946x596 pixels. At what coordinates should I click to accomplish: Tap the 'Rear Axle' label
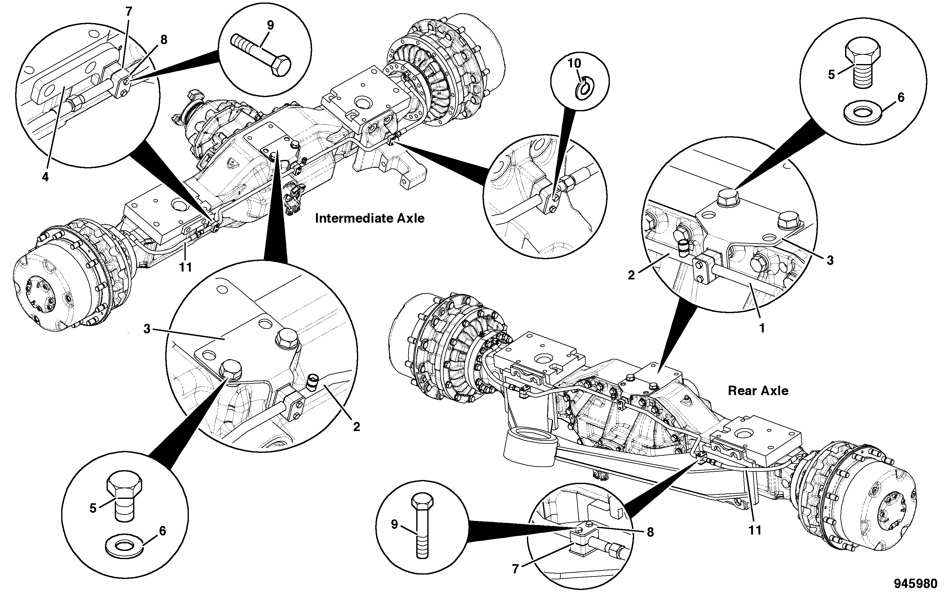758,390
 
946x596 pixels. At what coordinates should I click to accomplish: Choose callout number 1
762,328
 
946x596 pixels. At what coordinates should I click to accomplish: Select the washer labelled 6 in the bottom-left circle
125,546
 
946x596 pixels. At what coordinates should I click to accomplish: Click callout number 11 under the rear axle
755,530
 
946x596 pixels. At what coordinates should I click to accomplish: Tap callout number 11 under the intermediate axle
185,267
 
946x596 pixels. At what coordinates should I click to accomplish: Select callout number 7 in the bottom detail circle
516,569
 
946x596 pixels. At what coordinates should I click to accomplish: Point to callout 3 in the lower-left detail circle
147,329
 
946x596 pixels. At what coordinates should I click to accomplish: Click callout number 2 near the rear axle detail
631,275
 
